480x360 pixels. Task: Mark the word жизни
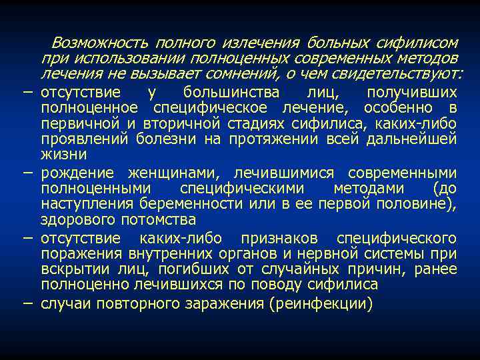(x=63, y=155)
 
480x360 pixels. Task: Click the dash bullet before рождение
(x=27, y=172)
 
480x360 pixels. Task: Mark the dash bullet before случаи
(x=27, y=302)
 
